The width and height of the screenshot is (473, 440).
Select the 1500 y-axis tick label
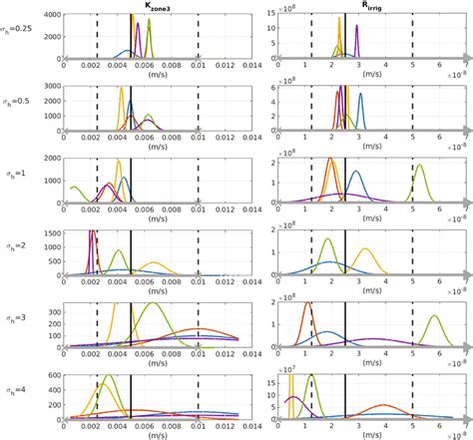point(52,232)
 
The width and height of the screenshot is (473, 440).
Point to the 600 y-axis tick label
point(55,375)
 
